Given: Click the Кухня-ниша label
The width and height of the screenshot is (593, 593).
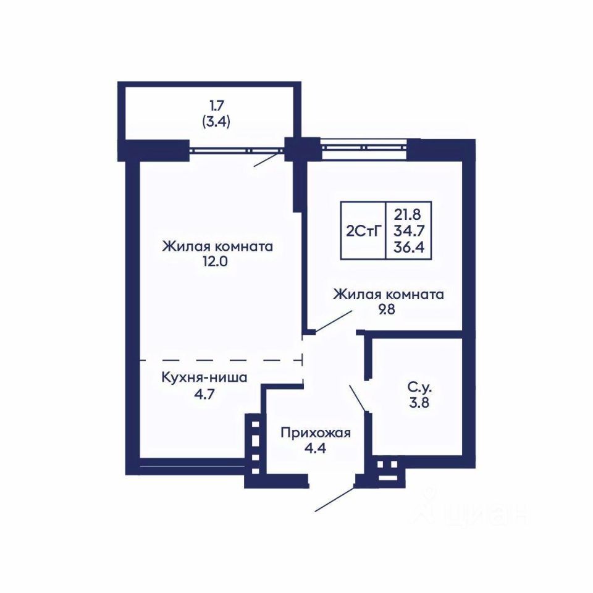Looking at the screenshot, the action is [x=204, y=377].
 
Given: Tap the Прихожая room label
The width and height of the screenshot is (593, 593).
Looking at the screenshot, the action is [x=316, y=433].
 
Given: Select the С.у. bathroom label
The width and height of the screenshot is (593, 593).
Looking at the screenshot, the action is [x=420, y=387].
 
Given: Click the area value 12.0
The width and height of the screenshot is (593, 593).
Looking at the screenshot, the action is [x=215, y=262].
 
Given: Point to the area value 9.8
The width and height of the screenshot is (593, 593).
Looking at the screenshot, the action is [x=387, y=309].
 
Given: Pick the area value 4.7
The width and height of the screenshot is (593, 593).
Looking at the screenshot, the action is [x=204, y=394].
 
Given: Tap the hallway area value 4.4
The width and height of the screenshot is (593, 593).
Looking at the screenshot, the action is [x=315, y=448].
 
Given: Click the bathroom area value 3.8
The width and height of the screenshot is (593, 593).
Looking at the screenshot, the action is [x=419, y=403].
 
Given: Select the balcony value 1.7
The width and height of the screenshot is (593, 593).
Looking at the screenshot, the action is [x=217, y=106].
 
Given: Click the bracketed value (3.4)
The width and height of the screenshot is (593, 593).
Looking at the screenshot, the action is [x=216, y=122].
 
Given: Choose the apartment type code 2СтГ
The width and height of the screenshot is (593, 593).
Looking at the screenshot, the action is [x=363, y=230].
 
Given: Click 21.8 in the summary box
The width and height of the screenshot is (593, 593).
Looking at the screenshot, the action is [x=408, y=214].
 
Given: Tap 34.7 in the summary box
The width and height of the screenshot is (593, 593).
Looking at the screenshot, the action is [x=409, y=230].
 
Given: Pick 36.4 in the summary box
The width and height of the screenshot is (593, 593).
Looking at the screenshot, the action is [x=409, y=247].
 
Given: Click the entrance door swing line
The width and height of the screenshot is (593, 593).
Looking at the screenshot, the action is [x=335, y=499].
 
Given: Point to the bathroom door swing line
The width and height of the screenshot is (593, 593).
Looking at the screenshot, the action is [x=358, y=398].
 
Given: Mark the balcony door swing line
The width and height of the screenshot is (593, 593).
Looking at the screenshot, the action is [x=269, y=159].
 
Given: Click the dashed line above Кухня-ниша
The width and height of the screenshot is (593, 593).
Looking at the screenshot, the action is [x=221, y=360].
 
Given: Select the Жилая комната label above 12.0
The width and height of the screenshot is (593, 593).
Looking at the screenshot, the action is [x=217, y=246].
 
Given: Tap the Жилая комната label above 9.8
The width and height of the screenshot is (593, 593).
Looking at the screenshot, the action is [x=389, y=294].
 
